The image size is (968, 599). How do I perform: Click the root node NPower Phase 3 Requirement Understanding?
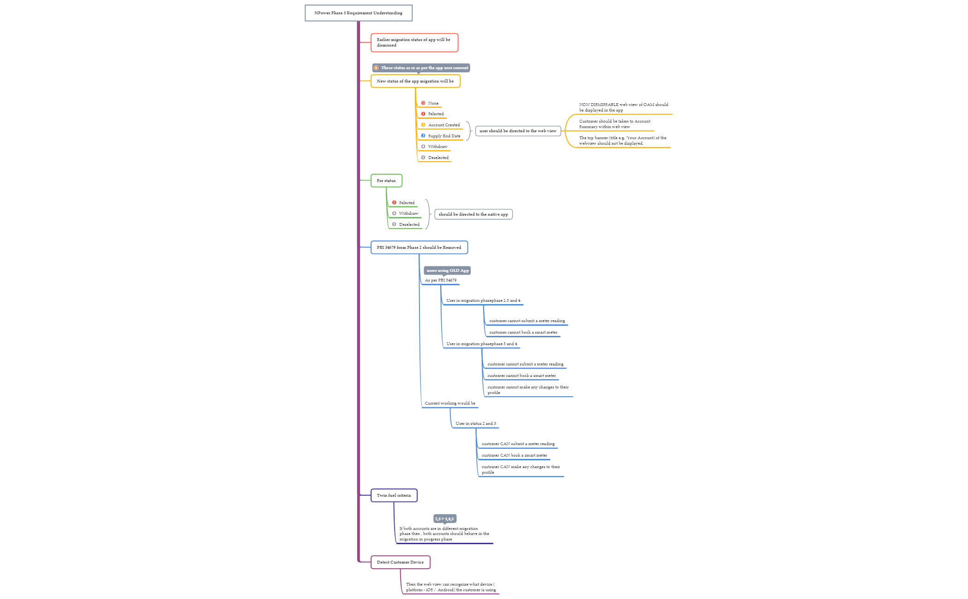(x=358, y=13)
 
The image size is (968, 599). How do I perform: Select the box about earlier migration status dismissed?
(x=414, y=42)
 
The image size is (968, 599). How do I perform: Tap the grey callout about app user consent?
(x=421, y=68)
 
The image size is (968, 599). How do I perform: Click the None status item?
(x=433, y=103)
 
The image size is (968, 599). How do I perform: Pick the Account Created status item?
(x=443, y=125)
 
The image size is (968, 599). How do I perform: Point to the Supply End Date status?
(x=443, y=136)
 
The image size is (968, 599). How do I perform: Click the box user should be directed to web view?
(x=518, y=131)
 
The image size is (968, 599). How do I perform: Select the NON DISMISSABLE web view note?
(x=623, y=107)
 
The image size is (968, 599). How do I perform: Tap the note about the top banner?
(x=622, y=141)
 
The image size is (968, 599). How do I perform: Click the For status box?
(x=386, y=181)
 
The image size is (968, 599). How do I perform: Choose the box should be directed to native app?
(x=473, y=214)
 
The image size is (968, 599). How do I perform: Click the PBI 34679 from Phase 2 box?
(x=419, y=247)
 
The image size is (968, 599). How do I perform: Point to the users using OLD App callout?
(x=447, y=270)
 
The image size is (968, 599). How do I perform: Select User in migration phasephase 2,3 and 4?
(x=483, y=300)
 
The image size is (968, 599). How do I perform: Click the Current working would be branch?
(x=449, y=403)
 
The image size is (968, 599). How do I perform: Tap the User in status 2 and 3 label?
(x=476, y=423)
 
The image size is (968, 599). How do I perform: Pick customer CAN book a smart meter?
(x=514, y=455)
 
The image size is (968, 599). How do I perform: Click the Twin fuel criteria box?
(x=394, y=495)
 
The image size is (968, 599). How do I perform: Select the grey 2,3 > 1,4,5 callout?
(x=444, y=519)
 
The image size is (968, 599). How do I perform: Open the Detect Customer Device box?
(x=400, y=562)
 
